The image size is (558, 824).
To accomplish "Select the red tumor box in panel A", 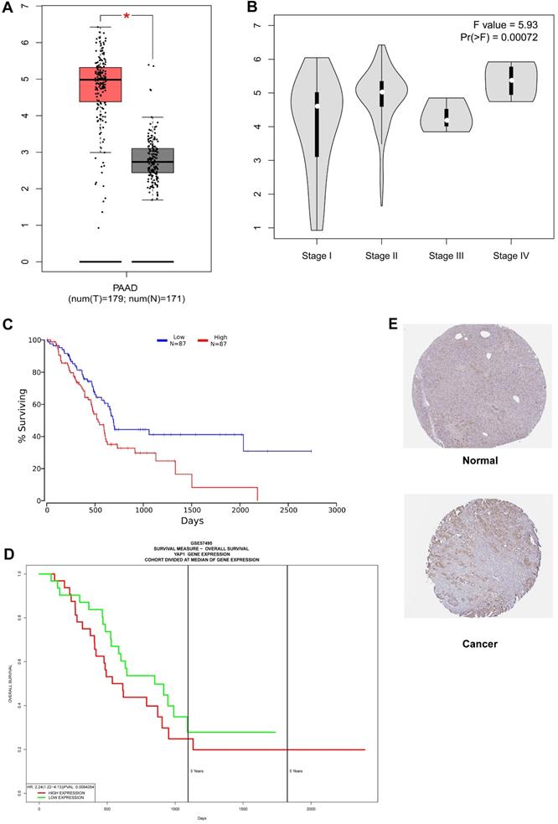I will pyautogui.click(x=101, y=84).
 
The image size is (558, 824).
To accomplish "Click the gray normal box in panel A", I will pyautogui.click(x=152, y=160).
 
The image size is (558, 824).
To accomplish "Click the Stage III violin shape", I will pyautogui.click(x=447, y=116).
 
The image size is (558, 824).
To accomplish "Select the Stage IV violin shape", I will pyautogui.click(x=511, y=81).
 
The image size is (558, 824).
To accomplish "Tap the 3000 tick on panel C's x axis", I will pyautogui.click(x=336, y=510).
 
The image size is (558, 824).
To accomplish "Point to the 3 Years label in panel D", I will pyautogui.click(x=197, y=770).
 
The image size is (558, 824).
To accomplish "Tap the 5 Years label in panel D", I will pyautogui.click(x=297, y=770).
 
